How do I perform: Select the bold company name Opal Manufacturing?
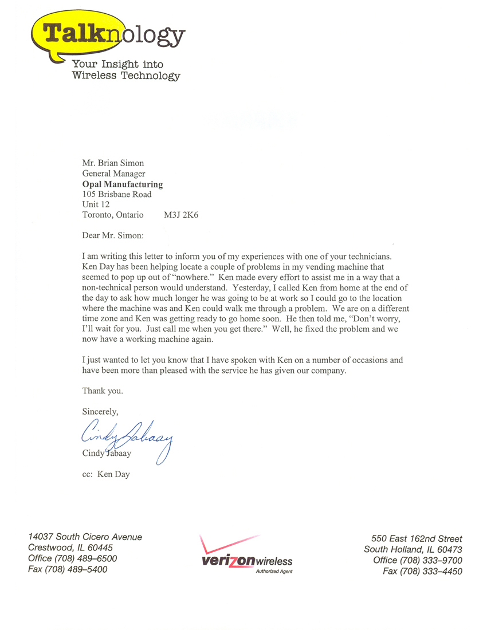123,184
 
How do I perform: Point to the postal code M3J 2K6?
181,215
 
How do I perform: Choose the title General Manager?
113,174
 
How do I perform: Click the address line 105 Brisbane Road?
117,195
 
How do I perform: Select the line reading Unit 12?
96,205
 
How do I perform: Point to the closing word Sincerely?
100,411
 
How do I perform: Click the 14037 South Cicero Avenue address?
85,537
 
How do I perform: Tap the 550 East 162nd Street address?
417,539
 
